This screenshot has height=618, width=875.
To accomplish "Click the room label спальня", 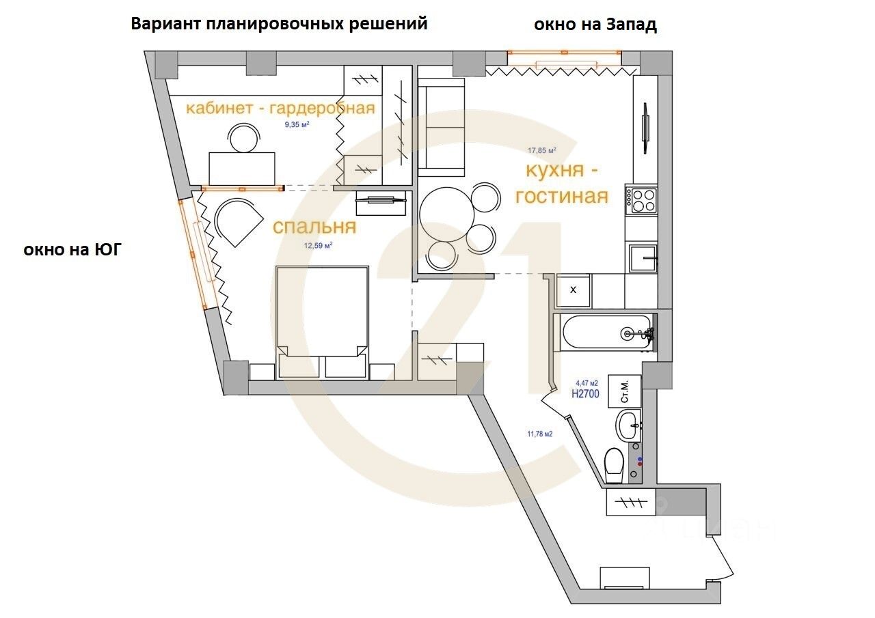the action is tap(314, 227).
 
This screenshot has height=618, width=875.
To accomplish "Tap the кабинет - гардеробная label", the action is tap(281, 108).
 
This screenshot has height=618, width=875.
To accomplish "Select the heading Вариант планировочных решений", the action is tap(279, 23).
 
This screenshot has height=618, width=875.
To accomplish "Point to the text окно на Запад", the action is tap(595, 25).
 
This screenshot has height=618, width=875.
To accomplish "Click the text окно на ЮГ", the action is tap(72, 250).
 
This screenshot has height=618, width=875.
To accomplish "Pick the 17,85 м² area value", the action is tap(541, 150).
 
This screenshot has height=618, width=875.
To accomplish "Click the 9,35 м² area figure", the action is tap(297, 124).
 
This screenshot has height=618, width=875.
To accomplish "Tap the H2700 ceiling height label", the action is tap(586, 393).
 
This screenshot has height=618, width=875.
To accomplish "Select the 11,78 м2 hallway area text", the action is tap(539, 433).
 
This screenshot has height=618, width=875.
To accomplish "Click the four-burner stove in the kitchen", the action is tap(643, 201).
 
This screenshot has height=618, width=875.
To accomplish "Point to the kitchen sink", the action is tap(643, 258).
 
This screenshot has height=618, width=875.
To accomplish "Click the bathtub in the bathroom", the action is tap(605, 333).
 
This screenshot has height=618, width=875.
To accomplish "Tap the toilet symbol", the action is tap(615, 464).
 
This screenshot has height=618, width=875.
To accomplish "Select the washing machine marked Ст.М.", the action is tap(624, 391).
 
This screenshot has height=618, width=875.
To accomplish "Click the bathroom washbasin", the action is tap(628, 426).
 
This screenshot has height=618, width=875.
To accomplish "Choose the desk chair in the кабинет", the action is tap(244, 139).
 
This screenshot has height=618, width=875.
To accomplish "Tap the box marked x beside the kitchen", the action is tap(573, 290).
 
